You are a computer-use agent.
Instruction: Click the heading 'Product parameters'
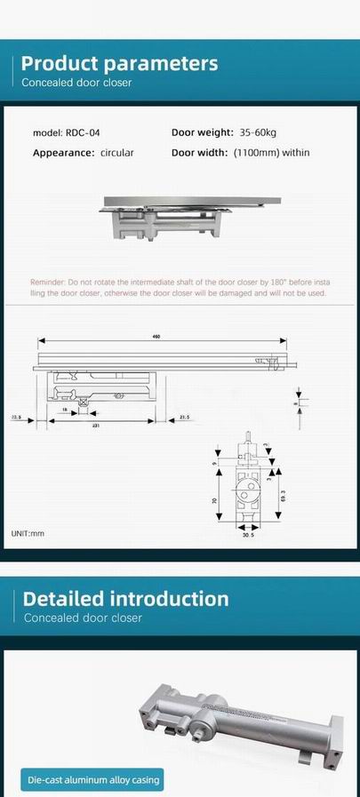(x=119, y=63)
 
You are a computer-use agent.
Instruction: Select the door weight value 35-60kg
(x=260, y=132)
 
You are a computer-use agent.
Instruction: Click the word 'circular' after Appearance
(x=116, y=153)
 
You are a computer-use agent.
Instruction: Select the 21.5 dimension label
(x=184, y=415)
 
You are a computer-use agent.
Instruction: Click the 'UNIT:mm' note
(x=27, y=533)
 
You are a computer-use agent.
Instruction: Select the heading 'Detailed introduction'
(x=125, y=599)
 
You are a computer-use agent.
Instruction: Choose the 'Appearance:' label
(x=63, y=153)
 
